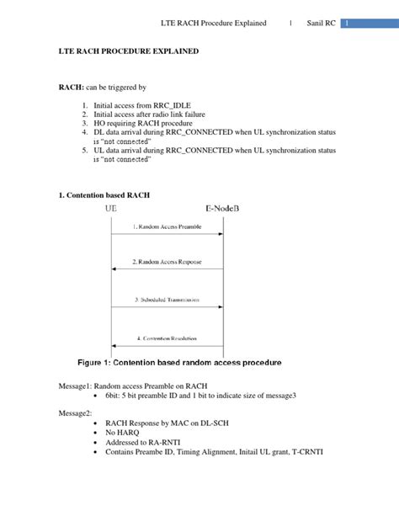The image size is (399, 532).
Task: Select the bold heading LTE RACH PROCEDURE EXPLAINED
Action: click(129, 51)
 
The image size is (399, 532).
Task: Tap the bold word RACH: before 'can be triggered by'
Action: click(70, 87)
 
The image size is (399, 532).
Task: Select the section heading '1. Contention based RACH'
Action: click(104, 195)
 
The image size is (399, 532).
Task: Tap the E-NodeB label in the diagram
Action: click(222, 208)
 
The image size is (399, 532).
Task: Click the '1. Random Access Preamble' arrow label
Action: click(167, 226)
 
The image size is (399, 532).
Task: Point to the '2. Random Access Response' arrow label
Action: click(167, 262)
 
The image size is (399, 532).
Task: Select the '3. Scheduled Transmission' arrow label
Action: click(167, 299)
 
